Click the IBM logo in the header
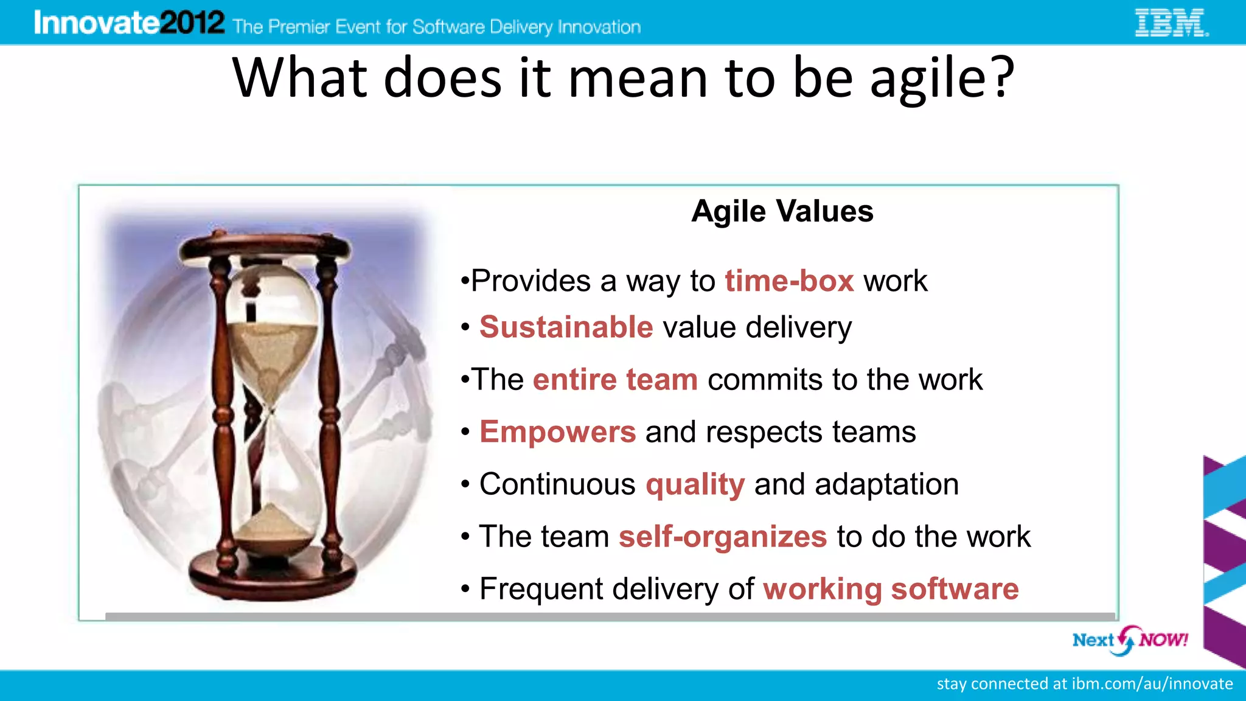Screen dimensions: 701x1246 point(1171,23)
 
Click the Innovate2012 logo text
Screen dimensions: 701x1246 point(129,23)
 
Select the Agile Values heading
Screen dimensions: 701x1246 point(782,212)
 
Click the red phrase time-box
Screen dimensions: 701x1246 point(789,281)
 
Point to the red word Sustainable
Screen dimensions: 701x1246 point(566,327)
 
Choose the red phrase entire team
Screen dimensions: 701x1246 point(615,380)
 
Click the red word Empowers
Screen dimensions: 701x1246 point(557,432)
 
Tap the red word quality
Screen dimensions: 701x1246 point(695,485)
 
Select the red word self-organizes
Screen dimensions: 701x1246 point(723,537)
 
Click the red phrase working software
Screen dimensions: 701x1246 point(891,589)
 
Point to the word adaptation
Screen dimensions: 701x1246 point(886,485)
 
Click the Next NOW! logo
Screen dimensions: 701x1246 point(1130,640)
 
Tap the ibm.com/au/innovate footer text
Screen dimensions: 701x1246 point(1152,684)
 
